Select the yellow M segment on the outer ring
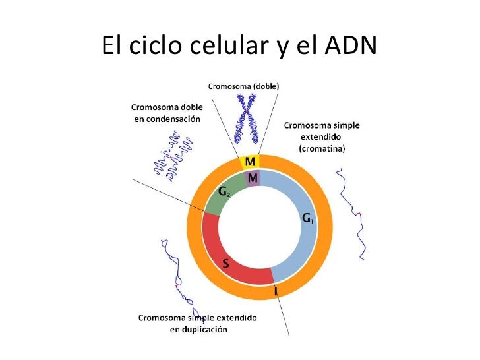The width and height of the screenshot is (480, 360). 250,162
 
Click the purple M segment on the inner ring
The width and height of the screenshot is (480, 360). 252,178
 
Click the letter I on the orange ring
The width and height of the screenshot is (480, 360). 276,290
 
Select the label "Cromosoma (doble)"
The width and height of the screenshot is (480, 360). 243,86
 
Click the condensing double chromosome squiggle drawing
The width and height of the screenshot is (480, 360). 170,155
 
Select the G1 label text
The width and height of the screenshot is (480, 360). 308,217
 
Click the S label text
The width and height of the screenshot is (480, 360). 225,264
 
